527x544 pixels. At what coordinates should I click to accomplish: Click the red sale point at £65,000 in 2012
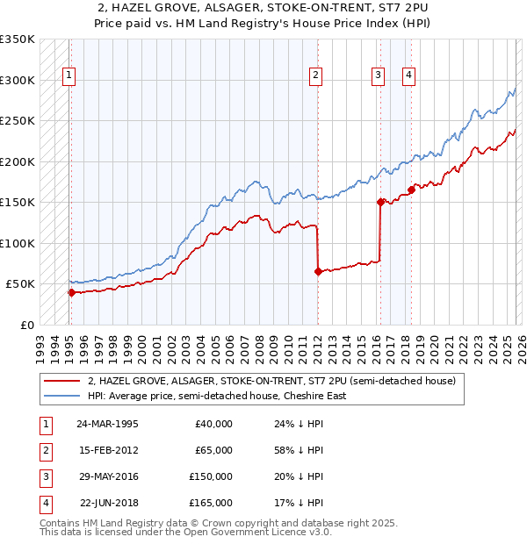317,271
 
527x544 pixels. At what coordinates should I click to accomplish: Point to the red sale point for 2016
380,202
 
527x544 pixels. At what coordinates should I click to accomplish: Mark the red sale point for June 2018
411,190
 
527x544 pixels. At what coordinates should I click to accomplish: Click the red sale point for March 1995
71,292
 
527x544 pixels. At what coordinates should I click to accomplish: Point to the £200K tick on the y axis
18,161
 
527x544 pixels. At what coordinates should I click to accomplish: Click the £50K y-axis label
20,284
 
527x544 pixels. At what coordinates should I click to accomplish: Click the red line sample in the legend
62,382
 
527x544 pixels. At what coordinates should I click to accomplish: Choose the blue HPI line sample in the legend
62,396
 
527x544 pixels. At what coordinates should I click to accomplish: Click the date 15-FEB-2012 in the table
107,450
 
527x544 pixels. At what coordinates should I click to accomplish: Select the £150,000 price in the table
211,476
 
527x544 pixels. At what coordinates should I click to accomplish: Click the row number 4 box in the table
45,503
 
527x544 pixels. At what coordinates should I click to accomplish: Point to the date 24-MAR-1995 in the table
107,424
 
